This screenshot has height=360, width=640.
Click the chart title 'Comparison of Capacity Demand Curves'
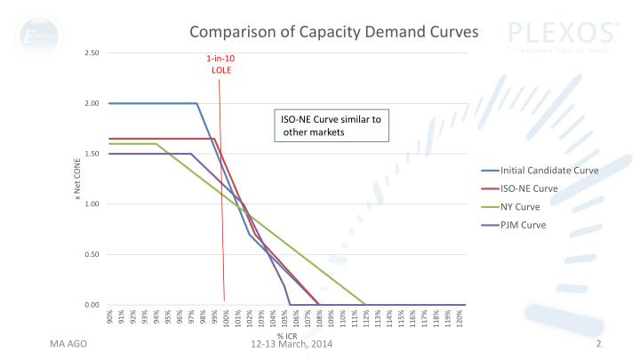334,32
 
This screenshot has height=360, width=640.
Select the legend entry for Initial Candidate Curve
548,170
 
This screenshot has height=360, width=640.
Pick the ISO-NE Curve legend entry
530,188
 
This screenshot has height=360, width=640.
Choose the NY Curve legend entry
524,206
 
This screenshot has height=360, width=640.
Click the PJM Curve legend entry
524,224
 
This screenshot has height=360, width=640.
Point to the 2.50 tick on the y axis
92,53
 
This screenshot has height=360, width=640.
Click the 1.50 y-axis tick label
92,154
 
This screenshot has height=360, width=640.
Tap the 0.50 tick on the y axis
92,255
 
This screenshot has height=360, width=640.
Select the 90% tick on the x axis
109,316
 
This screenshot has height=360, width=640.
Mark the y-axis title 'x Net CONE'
78,179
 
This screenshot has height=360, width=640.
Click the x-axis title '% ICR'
286,335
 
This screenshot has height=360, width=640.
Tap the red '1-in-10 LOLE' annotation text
221,64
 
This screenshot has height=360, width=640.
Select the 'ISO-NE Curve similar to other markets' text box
330,125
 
